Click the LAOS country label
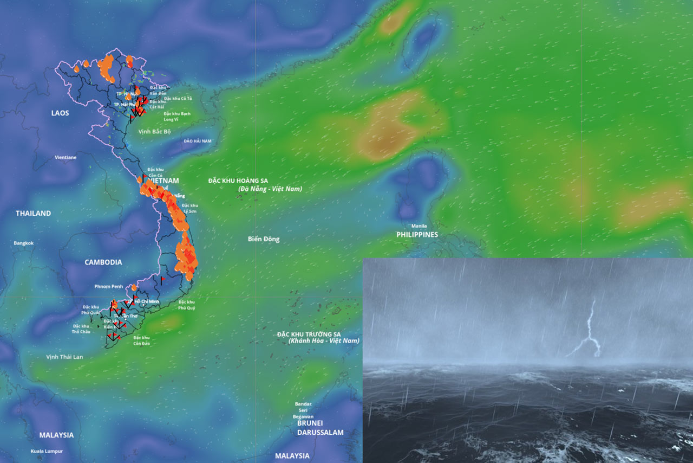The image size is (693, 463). pos(60,113)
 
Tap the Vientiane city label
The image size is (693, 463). pos(66,157)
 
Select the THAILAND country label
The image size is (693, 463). pos(33,213)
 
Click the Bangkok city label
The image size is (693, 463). pos(24,243)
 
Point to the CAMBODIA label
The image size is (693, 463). pos(103,262)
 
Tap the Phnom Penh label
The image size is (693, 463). pos(109,286)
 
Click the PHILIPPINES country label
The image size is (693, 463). pos(417,235)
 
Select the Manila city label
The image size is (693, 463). pos(419,226)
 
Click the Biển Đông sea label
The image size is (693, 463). pos(264,239)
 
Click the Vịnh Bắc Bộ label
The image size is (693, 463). pos(154,132)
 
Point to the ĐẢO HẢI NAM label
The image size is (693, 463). pos(198,141)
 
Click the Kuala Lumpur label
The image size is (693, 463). pos(47,451)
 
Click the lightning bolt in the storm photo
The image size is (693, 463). pos(589,333)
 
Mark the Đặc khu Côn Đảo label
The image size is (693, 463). pos(141,340)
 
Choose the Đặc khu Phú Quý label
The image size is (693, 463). pos(186,305)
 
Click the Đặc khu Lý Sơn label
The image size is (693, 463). pos(189,208)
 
